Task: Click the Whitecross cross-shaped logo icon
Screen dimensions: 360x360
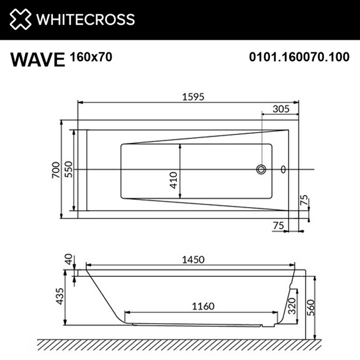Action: tap(20, 19)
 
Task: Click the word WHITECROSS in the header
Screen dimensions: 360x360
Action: tap(85, 19)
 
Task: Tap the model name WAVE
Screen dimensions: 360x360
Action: tap(38, 60)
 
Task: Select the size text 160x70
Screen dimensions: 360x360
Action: tap(91, 57)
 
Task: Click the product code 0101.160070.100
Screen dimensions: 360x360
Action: tap(299, 57)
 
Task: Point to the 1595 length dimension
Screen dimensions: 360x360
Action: tap(193, 97)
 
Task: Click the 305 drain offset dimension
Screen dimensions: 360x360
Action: tap(281, 109)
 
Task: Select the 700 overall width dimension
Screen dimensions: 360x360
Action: tap(56, 170)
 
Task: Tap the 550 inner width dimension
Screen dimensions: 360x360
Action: tap(68, 170)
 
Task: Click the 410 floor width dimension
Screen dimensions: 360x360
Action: tap(174, 180)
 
